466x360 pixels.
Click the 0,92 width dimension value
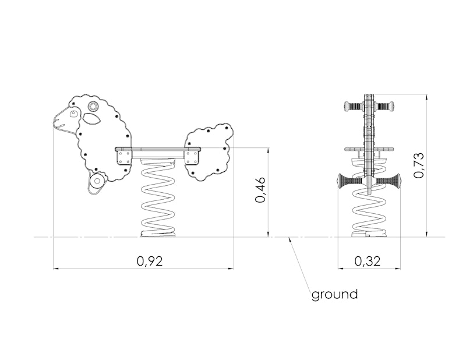pos(150,261)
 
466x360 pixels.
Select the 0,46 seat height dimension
pos(260,190)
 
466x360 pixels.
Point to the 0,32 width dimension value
pos(368,261)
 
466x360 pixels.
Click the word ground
pos(334,294)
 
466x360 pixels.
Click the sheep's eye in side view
pos(73,114)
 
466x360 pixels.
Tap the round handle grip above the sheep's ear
pos(93,106)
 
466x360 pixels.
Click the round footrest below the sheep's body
pos(97,181)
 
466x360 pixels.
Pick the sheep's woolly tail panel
pos(209,151)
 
